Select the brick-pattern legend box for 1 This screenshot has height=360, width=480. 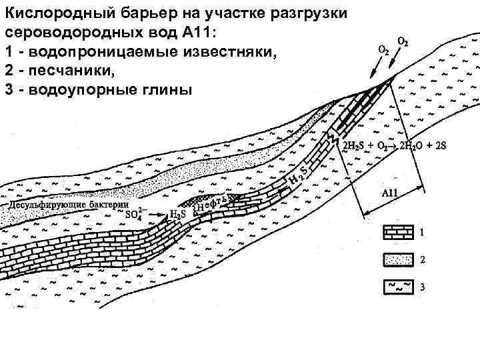pyautogui.click(x=397, y=233)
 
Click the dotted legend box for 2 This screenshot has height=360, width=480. pyautogui.click(x=397, y=258)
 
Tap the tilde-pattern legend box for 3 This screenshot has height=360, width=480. pyautogui.click(x=397, y=286)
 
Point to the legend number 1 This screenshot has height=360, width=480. pyautogui.click(x=421, y=233)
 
